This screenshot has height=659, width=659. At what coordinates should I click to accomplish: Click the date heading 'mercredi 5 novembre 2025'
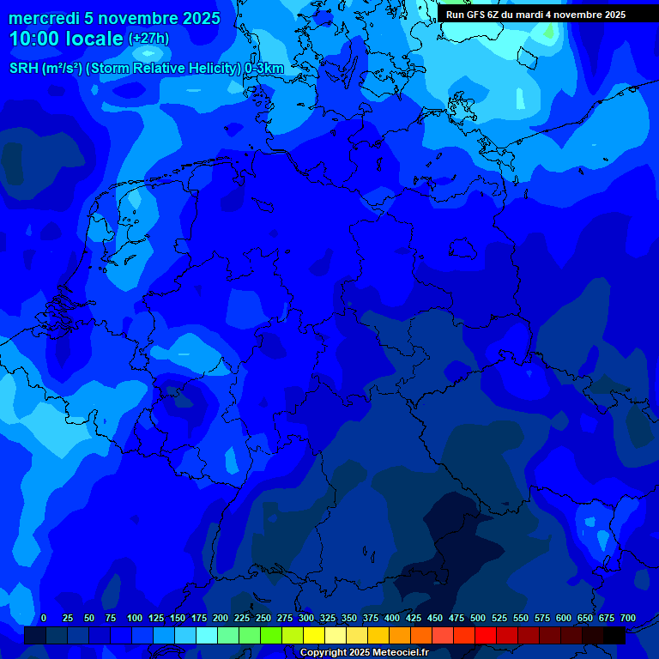(114, 18)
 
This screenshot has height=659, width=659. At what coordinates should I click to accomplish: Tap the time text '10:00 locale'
(66, 39)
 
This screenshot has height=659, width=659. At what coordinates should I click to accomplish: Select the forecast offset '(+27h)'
(148, 39)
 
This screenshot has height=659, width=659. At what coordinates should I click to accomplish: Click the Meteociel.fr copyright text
(364, 652)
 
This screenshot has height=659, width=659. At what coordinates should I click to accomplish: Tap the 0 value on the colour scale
(44, 618)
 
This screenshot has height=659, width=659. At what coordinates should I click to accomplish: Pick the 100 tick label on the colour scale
(134, 618)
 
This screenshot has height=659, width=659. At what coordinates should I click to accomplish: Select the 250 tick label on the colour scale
(263, 618)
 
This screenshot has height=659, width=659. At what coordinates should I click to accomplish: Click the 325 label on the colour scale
(327, 618)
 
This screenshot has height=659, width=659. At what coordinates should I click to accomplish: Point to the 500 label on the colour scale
(477, 618)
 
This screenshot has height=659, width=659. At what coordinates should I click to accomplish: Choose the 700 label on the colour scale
(627, 618)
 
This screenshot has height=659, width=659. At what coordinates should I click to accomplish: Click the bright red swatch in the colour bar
(486, 636)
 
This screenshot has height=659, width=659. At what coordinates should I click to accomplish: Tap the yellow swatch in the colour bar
(314, 636)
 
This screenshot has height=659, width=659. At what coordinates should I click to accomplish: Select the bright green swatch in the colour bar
(271, 636)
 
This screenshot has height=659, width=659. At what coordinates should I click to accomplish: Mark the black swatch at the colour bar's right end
(614, 636)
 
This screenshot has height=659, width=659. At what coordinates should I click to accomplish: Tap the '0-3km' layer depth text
(264, 69)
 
